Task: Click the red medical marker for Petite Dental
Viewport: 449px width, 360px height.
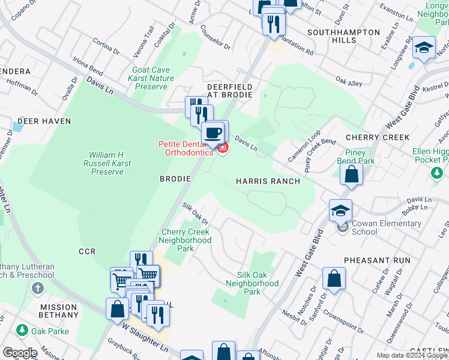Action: tap(223, 148)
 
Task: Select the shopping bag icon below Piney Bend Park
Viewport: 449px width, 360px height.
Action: tap(352, 175)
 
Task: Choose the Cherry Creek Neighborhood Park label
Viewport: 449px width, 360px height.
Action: tap(186, 240)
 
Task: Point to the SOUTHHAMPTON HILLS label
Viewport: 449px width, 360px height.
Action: tap(343, 36)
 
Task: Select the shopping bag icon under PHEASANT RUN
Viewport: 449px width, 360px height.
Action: tap(334, 279)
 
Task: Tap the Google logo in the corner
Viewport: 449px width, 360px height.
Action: tap(20, 353)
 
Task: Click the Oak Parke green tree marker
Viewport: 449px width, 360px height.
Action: tap(22, 330)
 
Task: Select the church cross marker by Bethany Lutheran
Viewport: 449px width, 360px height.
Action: tap(37, 289)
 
